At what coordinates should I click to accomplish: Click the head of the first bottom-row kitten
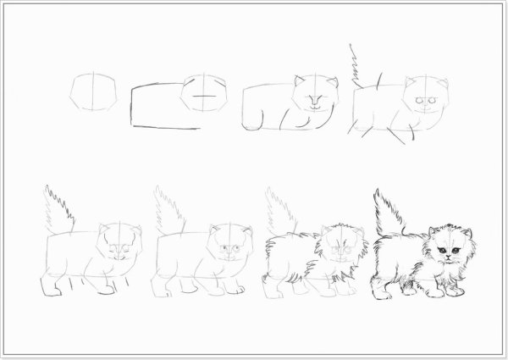(119, 246)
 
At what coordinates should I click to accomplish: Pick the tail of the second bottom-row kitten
(168, 208)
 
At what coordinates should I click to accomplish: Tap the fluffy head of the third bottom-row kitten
(339, 247)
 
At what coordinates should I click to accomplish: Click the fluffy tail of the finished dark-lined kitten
(389, 212)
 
